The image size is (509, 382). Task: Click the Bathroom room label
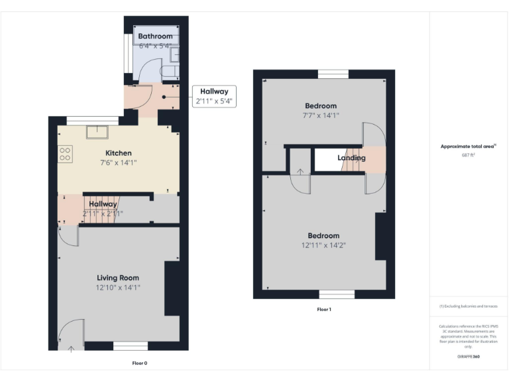coord(156,36)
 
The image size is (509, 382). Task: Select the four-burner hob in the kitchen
coord(65,154)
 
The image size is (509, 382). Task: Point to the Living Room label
coord(118,277)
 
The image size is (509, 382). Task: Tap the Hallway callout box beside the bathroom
coord(212,97)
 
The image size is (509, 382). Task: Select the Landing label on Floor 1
coord(351,158)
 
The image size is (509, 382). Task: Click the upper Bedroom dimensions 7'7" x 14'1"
coord(321,115)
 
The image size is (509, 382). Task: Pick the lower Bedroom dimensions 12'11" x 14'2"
coord(323,245)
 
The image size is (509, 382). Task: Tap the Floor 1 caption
coord(324,310)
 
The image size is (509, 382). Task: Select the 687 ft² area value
coord(468,155)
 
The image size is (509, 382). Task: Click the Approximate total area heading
coord(468,147)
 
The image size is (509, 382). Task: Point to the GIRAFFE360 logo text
coord(468,357)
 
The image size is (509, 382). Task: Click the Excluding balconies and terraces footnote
coord(468,306)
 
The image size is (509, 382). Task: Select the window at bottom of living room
coord(130,346)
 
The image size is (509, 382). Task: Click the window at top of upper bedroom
coord(333,74)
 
